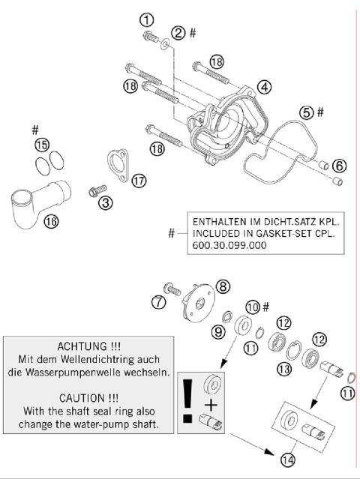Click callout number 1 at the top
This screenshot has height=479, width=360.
147,19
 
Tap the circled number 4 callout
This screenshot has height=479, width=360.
264,87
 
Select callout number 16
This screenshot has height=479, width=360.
51,222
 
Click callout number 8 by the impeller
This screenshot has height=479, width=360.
223,286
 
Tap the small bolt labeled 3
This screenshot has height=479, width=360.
96,191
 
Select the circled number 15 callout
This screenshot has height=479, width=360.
42,143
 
